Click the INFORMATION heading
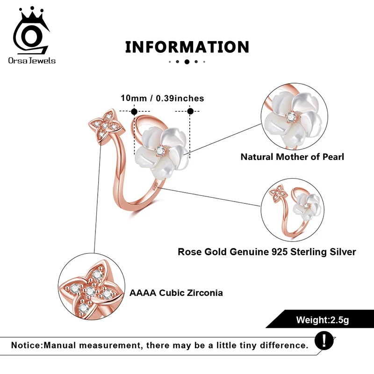tap(187, 47)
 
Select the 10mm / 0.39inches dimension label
tap(162, 98)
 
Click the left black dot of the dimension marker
tap(134, 111)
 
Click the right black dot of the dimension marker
tap(190, 111)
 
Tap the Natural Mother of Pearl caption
tap(292, 157)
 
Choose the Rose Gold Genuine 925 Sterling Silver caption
tap(267, 252)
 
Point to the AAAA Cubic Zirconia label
tap(176, 293)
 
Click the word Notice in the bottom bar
tap(26, 345)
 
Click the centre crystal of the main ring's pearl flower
tap(161, 150)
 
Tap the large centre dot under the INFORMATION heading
tap(187, 62)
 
